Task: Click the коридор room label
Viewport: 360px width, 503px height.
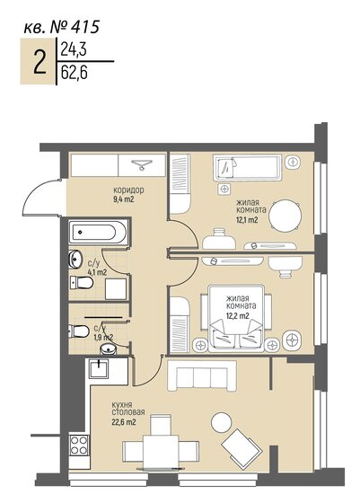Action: (128, 190)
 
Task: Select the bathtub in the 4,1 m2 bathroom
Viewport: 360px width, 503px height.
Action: (93, 231)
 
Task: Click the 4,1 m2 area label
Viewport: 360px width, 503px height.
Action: (96, 271)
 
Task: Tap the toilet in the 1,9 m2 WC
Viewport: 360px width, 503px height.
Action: (79, 331)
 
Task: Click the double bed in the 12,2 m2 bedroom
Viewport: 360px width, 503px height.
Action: (236, 319)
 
